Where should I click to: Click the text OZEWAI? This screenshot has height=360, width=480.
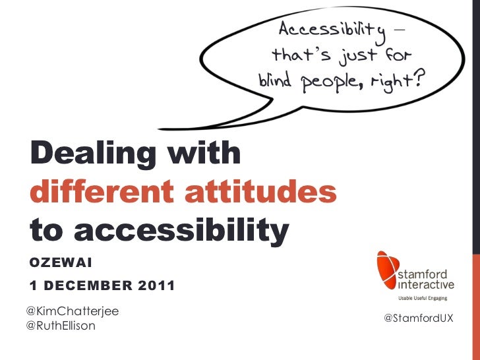61,264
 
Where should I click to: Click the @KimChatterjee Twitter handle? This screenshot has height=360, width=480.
68,310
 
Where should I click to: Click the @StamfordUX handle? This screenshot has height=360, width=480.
418,318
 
